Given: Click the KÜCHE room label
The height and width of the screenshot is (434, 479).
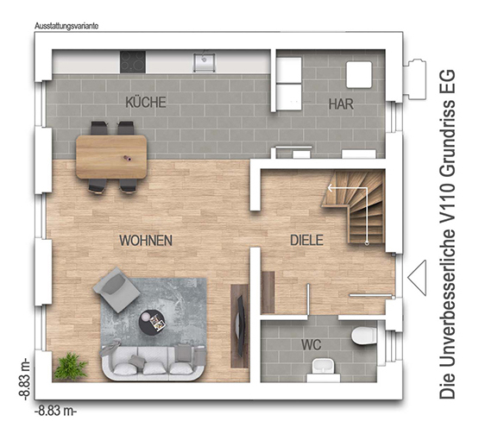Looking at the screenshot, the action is [146, 102].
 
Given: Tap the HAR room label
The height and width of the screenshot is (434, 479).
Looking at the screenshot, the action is [341, 104].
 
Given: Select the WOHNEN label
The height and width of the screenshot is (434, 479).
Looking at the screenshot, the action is [146, 241].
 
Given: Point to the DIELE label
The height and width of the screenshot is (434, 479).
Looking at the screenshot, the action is [306, 241].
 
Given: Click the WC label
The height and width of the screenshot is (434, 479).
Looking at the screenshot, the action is [312, 345].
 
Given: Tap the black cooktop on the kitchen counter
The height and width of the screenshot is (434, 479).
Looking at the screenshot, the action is [133, 62].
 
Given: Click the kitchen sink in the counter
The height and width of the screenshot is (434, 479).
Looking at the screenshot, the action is [204, 63].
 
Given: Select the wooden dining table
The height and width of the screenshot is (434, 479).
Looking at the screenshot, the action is [111, 157].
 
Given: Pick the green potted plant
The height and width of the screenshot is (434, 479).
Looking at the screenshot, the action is [70, 366].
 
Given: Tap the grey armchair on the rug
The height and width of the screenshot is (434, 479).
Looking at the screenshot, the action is [117, 289].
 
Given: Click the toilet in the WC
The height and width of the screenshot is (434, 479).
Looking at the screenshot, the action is [363, 336].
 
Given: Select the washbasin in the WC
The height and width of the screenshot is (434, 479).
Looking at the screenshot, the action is [324, 368].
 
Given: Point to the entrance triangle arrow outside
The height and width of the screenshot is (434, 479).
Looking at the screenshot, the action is [417, 278].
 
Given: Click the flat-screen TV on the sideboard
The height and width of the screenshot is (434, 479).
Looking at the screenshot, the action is [241, 325].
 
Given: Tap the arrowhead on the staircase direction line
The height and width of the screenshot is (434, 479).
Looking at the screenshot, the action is [331, 188].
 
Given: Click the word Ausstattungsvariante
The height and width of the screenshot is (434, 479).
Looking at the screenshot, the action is [66, 26].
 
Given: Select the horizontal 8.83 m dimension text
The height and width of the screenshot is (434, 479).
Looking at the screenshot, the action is [55, 411].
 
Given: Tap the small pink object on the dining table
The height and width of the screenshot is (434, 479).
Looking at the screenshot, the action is [127, 158].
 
